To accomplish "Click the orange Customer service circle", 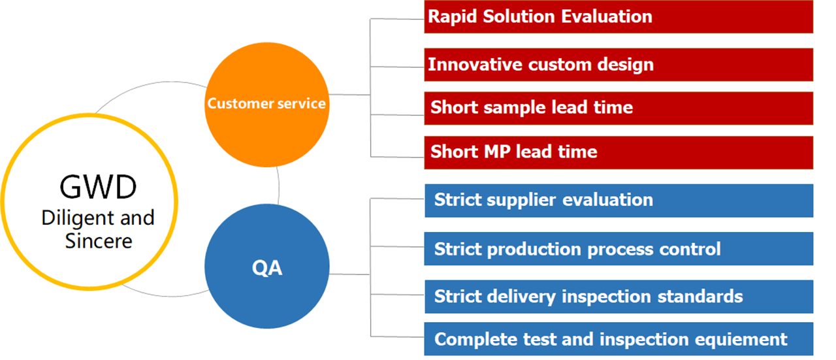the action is click(x=267, y=105).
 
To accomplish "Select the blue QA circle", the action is click(x=267, y=267).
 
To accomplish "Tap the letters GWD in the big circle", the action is click(x=98, y=187).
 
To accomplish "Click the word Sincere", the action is click(x=99, y=241).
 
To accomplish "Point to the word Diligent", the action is click(x=77, y=218).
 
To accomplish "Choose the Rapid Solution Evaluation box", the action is click(x=619, y=17).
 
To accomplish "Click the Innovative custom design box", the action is click(x=619, y=65).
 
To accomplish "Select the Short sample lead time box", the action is click(x=619, y=108).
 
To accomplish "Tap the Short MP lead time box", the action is click(x=619, y=153).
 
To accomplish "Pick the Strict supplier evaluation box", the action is click(x=619, y=201).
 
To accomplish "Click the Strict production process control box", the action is click(x=619, y=249).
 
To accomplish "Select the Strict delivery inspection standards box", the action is click(x=619, y=297).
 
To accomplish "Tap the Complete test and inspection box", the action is click(x=619, y=339).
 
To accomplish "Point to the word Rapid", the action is click(x=453, y=17).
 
